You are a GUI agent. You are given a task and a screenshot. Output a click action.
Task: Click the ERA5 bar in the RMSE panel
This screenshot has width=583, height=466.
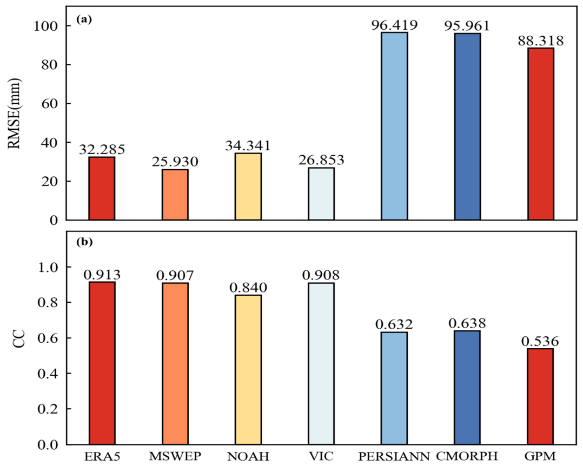pyautogui.click(x=102, y=189)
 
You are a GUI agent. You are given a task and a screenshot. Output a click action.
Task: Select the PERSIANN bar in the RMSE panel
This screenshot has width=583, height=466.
pyautogui.click(x=394, y=126)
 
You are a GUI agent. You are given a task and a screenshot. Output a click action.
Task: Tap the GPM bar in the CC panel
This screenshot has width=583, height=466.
pyautogui.click(x=541, y=396)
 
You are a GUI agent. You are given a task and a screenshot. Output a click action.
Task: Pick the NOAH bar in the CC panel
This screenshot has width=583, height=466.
pyautogui.click(x=248, y=369)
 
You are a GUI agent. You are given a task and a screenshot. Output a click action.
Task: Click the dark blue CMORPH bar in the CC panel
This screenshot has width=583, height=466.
pyautogui.click(x=467, y=388)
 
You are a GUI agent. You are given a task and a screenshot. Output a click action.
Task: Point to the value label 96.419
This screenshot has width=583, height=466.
pyautogui.click(x=394, y=25)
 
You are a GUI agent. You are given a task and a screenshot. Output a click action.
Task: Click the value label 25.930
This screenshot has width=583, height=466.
pyautogui.click(x=175, y=162)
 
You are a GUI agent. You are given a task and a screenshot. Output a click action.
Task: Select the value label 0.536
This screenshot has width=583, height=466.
pyautogui.click(x=540, y=341)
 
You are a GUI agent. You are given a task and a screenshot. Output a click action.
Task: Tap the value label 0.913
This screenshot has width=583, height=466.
pyautogui.click(x=102, y=275)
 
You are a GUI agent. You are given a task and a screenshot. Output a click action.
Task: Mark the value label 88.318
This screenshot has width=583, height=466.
pyautogui.click(x=541, y=41)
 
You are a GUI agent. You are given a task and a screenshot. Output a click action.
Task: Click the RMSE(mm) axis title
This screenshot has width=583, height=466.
pyautogui.click(x=15, y=113)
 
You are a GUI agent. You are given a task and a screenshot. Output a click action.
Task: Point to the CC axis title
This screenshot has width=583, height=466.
pyautogui.click(x=18, y=338)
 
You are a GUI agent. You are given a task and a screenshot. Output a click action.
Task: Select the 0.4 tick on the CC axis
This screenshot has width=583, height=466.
pyautogui.click(x=48, y=373)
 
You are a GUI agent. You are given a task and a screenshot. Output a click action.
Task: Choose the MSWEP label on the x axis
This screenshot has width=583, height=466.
pyautogui.click(x=175, y=456)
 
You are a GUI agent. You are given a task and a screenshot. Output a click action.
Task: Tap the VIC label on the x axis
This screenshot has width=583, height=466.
pyautogui.click(x=321, y=456)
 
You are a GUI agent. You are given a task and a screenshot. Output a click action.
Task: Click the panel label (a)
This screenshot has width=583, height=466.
pyautogui.click(x=84, y=19)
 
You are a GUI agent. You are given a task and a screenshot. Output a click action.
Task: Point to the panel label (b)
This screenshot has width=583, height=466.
pyautogui.click(x=84, y=242)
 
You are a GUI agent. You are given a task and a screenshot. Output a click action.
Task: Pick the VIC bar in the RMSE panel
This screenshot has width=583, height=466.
pyautogui.click(x=321, y=194)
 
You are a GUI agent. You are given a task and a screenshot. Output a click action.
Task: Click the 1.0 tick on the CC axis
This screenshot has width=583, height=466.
pyautogui.click(x=48, y=267)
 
